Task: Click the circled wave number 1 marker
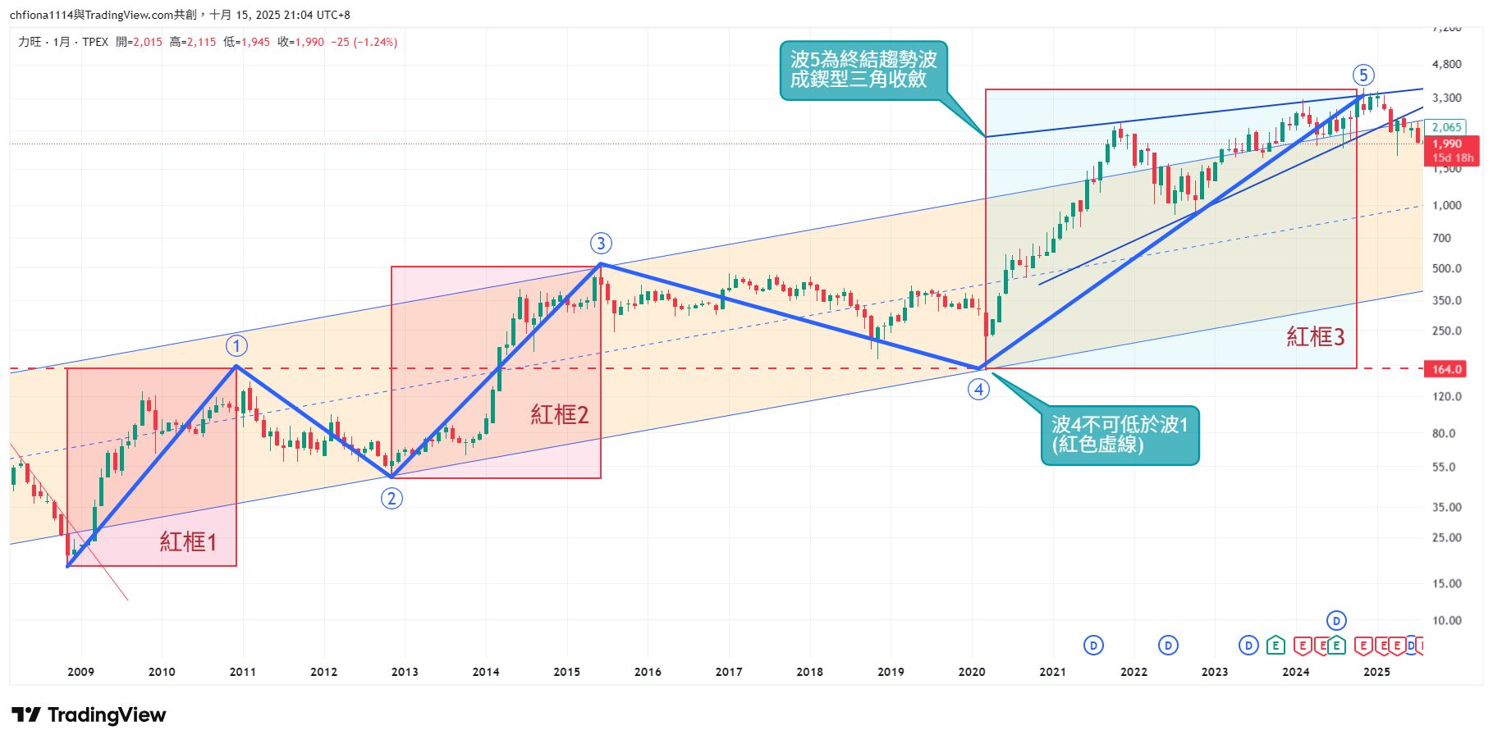[x=236, y=346]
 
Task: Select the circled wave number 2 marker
[x=392, y=498]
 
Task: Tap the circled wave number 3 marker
[x=601, y=244]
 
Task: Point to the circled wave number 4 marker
[x=978, y=390]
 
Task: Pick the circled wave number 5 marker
[x=1362, y=75]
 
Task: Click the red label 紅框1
[x=188, y=541]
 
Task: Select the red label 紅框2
[x=559, y=414]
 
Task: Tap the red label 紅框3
[x=1315, y=336]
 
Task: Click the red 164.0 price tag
[x=1447, y=369]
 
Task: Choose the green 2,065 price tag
[x=1446, y=127]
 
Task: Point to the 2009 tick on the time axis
[x=80, y=672]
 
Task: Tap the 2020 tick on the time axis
[x=971, y=672]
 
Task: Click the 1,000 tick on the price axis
[x=1446, y=205]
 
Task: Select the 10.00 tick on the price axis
[x=1446, y=620]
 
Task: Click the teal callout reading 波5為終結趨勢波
[x=863, y=70]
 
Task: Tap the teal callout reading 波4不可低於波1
[x=1120, y=435]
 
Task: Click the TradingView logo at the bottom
[x=89, y=715]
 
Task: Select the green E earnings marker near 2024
[x=1275, y=646]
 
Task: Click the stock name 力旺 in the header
[x=30, y=42]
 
